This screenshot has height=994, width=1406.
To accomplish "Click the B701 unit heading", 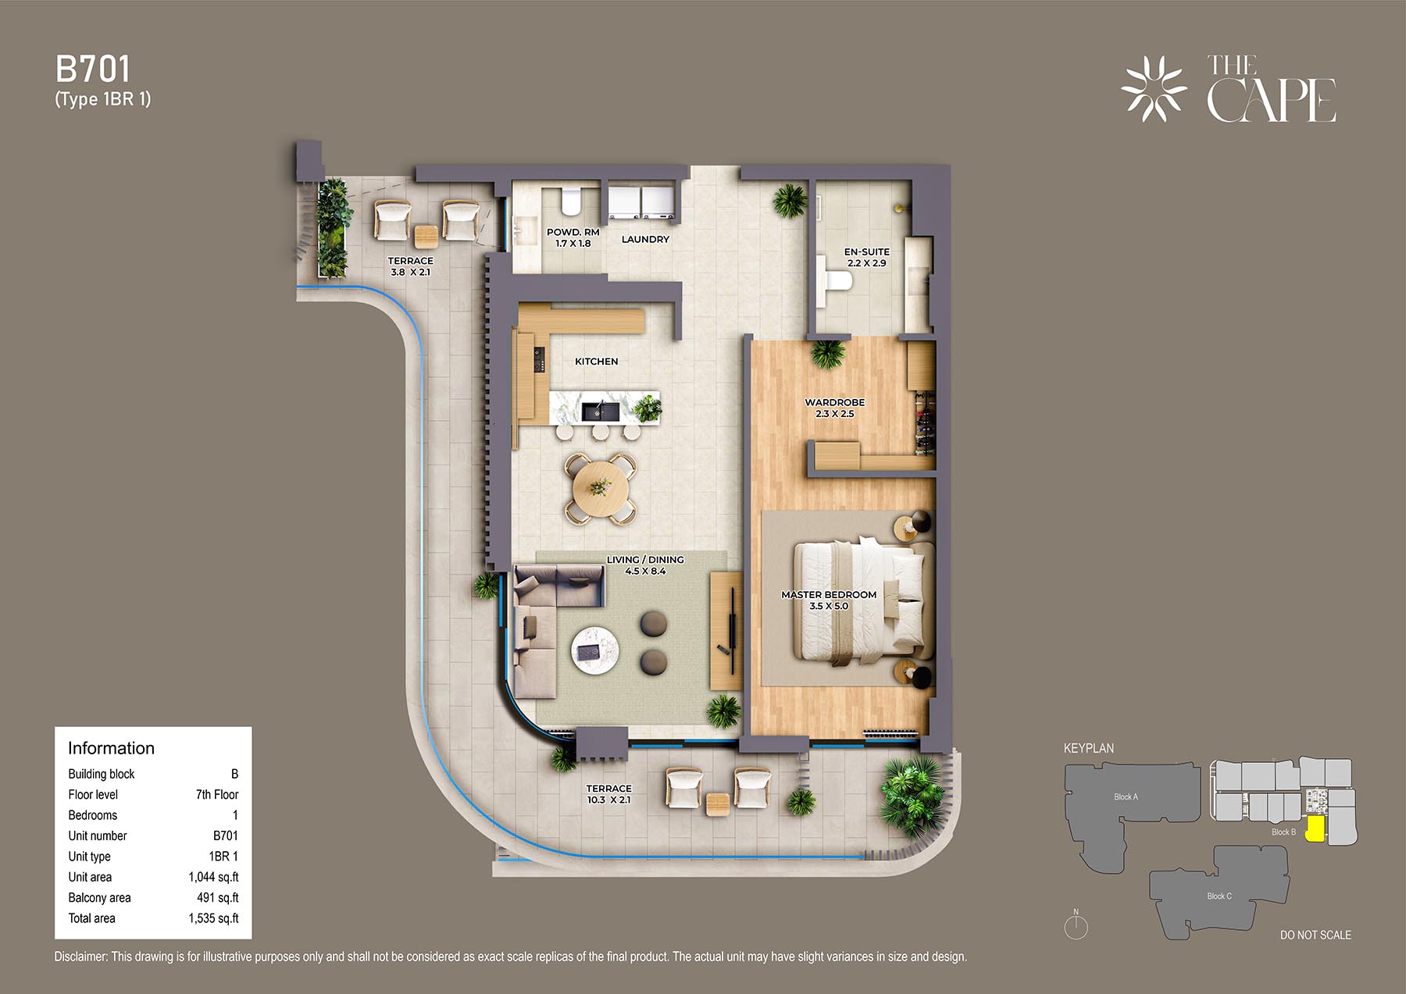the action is pyautogui.click(x=93, y=69).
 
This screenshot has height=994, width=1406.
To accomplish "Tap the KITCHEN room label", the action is pyautogui.click(x=596, y=362).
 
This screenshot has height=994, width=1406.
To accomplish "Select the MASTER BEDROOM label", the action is pyautogui.click(x=829, y=595).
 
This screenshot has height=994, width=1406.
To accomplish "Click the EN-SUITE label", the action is pyautogui.click(x=867, y=252).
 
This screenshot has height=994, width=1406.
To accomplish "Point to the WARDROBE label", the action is pyautogui.click(x=835, y=403).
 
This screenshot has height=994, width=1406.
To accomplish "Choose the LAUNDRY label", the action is pyautogui.click(x=645, y=240).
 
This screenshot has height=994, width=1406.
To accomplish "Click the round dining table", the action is pyautogui.click(x=600, y=488).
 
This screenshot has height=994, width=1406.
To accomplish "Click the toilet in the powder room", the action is pyautogui.click(x=570, y=201).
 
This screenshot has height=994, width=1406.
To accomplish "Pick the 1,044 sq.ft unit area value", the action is pyautogui.click(x=213, y=877).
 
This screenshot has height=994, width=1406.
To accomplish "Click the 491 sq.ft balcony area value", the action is pyautogui.click(x=218, y=898).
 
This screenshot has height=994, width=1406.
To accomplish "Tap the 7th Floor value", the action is pyautogui.click(x=217, y=795).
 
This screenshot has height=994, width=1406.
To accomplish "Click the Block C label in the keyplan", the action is pyautogui.click(x=1219, y=896).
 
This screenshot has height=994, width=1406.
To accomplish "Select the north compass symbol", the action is pyautogui.click(x=1076, y=926).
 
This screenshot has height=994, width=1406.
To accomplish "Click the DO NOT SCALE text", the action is pyautogui.click(x=1315, y=935).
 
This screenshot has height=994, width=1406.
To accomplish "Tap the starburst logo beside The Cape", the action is pyautogui.click(x=1154, y=89).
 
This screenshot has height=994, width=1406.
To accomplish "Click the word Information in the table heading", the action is pyautogui.click(x=111, y=748).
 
